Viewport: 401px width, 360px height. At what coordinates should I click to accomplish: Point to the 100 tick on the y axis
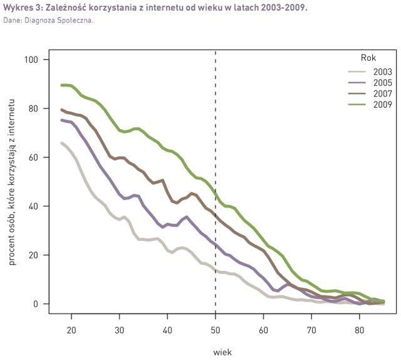(31, 60)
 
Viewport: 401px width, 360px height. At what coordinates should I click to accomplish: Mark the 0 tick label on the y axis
(36, 304)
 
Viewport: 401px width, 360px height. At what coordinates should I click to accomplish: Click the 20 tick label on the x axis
(71, 330)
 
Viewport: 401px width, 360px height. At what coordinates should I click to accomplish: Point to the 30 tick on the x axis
(120, 330)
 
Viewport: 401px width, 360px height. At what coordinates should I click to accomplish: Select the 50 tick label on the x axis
(216, 330)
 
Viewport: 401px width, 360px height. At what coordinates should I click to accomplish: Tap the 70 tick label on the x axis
(311, 330)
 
